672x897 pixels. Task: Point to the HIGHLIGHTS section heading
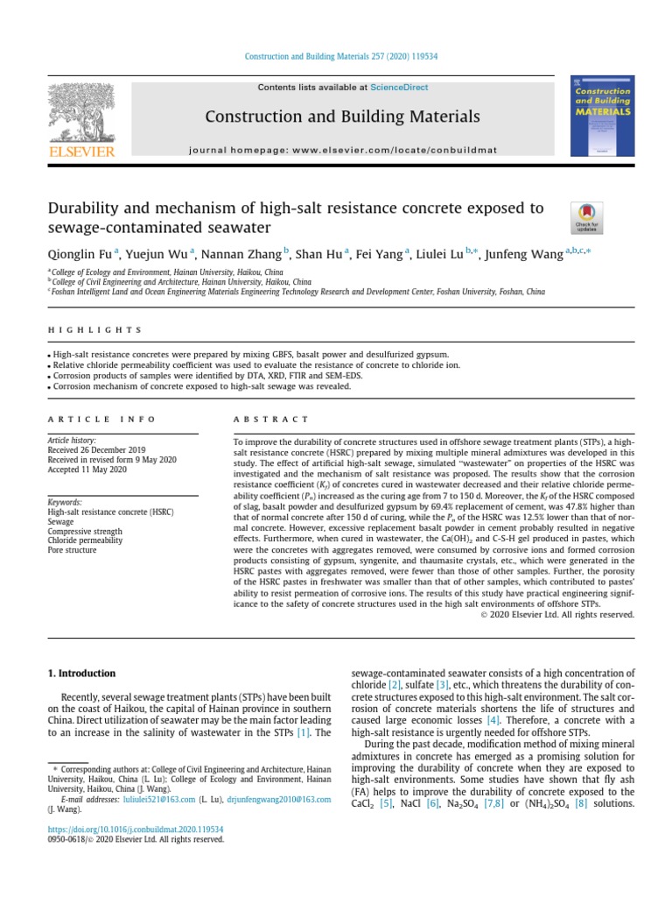pos(94,329)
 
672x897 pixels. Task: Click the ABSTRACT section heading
pos(271,420)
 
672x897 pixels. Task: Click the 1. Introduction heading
pos(80,673)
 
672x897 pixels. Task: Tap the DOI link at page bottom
pos(135,827)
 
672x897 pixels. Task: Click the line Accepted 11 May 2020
pos(87,470)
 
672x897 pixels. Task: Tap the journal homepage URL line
pos(342,150)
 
